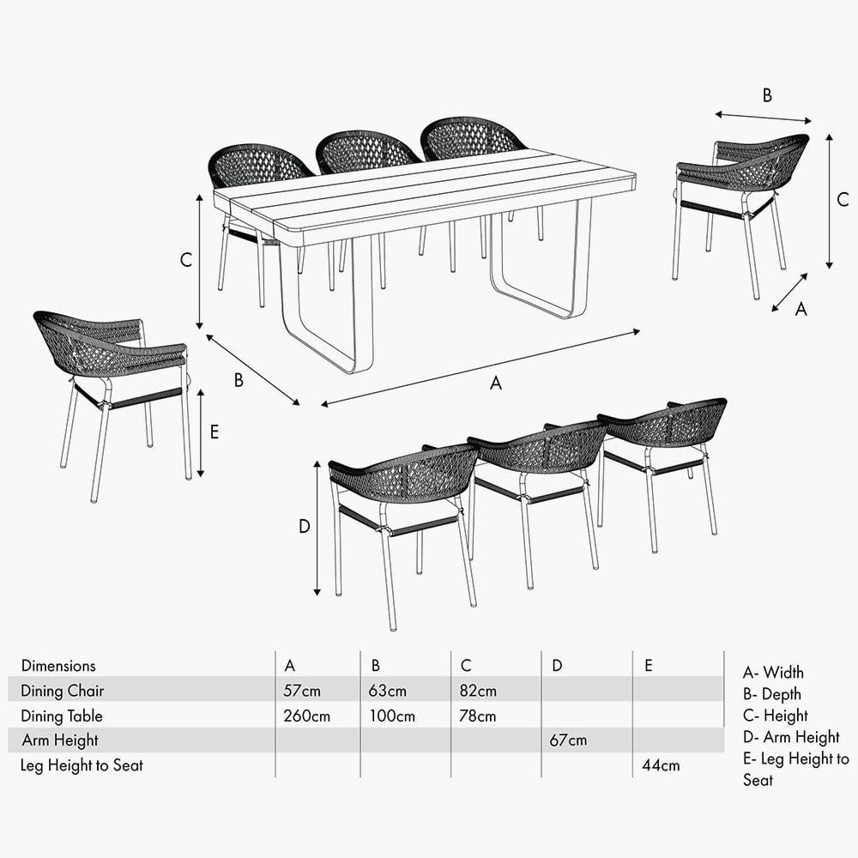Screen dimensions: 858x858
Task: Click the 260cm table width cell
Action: [x=306, y=716]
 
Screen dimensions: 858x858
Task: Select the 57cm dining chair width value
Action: [x=302, y=691]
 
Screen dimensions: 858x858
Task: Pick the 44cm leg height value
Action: [x=661, y=764]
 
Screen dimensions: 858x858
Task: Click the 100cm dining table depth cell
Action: [x=393, y=716]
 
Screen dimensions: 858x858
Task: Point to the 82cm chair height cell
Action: [x=478, y=691]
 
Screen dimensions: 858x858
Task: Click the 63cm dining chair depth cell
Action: [x=389, y=691]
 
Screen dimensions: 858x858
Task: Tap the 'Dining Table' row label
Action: [x=62, y=716]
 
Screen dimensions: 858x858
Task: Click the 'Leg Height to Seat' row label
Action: [x=82, y=764]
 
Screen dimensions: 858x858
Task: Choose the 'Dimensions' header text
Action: [x=58, y=666]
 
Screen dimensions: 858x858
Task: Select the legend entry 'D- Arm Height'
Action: [x=791, y=737]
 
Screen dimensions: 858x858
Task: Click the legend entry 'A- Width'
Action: [x=773, y=673]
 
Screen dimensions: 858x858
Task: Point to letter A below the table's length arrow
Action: [x=495, y=384]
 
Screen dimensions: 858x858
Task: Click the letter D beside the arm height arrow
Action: [x=304, y=527]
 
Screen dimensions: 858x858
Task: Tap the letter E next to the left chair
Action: [x=214, y=432]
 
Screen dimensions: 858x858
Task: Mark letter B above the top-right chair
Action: [x=767, y=95]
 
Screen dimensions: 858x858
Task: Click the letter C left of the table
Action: [x=185, y=261]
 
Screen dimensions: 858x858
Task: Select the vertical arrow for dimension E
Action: [x=201, y=432]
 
